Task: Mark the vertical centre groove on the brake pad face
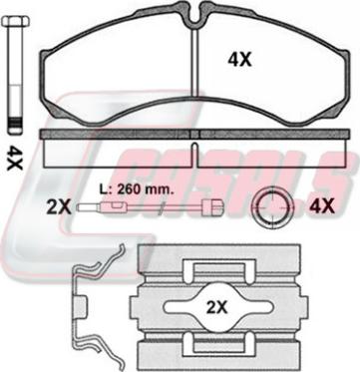[198, 70]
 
